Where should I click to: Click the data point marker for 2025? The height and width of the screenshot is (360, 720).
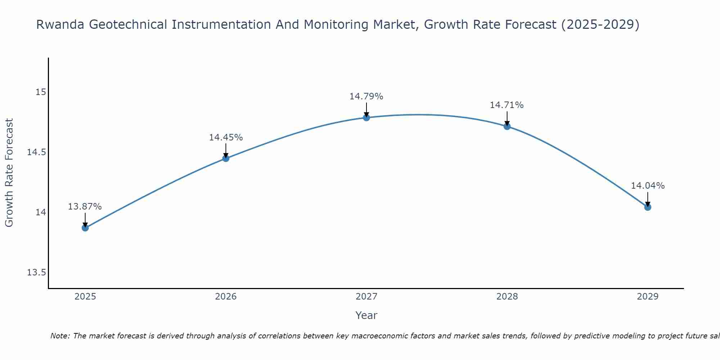coord(85,228)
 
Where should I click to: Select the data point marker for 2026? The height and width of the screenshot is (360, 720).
coord(226,158)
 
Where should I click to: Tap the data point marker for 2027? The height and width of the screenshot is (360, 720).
coord(366,118)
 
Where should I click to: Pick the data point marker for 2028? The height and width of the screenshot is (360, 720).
coord(507,126)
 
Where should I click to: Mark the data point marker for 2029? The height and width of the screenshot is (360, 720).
coord(648,207)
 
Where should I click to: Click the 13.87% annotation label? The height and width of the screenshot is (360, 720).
coord(85,207)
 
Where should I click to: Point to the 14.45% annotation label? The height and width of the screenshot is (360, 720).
coord(226,138)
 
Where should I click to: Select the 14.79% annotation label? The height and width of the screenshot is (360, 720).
coord(366,96)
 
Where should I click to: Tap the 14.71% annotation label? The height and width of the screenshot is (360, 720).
coord(507,105)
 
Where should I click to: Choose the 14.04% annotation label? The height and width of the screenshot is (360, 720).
coord(648,186)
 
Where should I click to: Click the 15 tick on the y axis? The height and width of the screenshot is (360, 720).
coord(41,92)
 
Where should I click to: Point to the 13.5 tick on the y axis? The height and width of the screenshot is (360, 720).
coord(37,273)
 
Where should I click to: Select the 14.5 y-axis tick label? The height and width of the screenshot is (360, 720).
coord(37,152)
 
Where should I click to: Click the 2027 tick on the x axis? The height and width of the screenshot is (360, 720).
coord(366,297)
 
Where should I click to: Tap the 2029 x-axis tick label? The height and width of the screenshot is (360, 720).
coord(648,297)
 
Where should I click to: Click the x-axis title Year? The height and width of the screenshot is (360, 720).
coord(366,315)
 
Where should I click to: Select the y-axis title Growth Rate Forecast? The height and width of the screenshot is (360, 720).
coord(9,173)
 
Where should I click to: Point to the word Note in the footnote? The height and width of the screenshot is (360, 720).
coord(60,336)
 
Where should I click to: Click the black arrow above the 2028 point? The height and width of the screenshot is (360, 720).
coord(507,118)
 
